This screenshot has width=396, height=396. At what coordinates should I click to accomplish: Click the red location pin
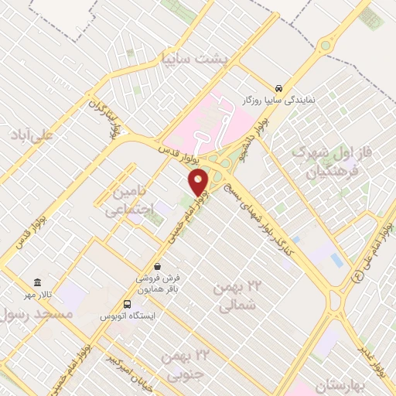tap(200, 183)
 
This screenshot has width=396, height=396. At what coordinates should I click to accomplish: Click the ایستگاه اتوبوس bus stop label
tap(129, 317)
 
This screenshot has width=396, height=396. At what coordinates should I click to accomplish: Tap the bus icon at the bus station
tap(128, 304)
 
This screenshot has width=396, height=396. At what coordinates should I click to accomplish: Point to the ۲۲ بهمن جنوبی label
tap(186, 363)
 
